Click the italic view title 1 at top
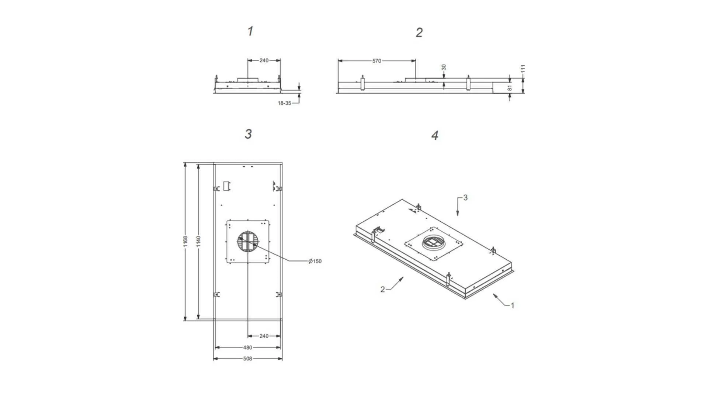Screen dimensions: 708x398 [x=250, y=31]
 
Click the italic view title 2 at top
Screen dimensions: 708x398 [x=419, y=32]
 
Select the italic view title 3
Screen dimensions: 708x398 [x=248, y=134]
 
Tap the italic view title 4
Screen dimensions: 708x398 [x=435, y=135]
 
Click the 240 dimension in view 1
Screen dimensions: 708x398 [x=264, y=60]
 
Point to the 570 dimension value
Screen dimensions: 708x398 [x=376, y=61]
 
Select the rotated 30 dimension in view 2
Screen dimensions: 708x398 [x=444, y=68]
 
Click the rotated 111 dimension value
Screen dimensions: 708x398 [x=523, y=69]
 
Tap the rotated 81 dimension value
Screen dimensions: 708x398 [x=510, y=88]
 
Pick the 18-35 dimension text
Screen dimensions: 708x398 [x=284, y=103]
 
